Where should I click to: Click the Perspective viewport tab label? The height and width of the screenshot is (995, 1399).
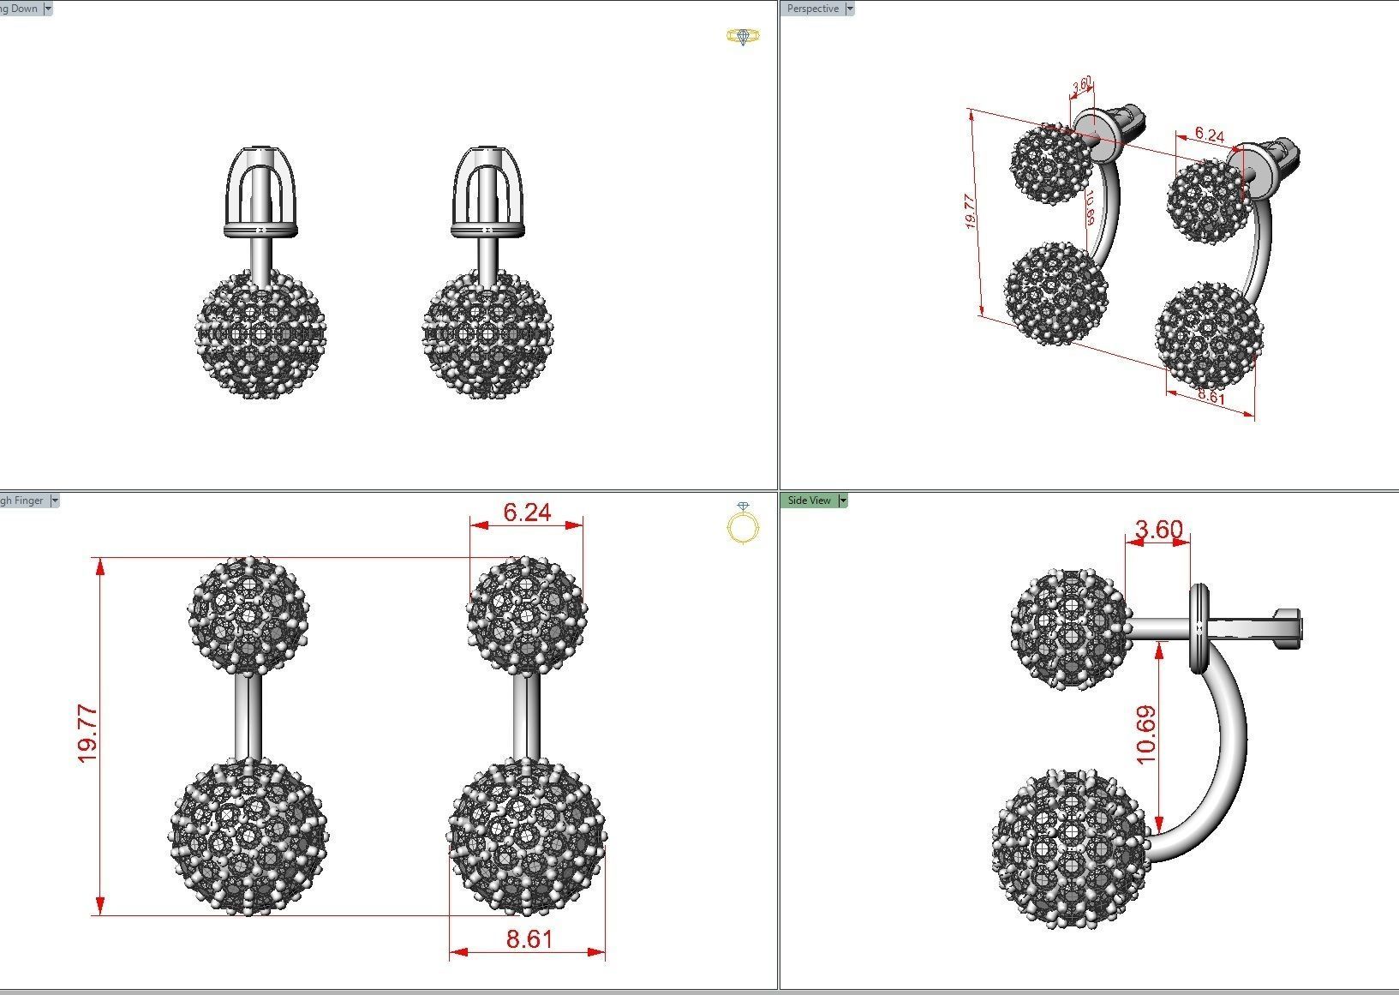point(812,9)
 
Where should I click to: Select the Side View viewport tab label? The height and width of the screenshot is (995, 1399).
point(809,500)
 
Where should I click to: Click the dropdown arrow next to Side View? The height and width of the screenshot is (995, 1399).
point(843,500)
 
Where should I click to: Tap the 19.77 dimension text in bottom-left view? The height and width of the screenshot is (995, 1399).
point(87,734)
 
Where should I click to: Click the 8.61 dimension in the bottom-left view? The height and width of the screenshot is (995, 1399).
point(529,939)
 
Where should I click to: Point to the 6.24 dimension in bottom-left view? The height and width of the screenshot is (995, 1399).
point(527,512)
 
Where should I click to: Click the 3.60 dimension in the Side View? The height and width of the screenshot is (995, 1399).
point(1157,530)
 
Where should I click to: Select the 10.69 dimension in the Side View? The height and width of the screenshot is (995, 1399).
point(1146,734)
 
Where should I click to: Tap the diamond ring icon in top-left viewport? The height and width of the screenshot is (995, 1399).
point(743,36)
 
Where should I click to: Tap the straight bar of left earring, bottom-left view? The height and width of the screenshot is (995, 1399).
point(248,716)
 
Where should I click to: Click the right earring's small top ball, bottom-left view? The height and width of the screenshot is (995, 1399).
point(526,614)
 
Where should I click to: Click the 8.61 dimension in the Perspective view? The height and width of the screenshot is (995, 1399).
point(1211,397)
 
